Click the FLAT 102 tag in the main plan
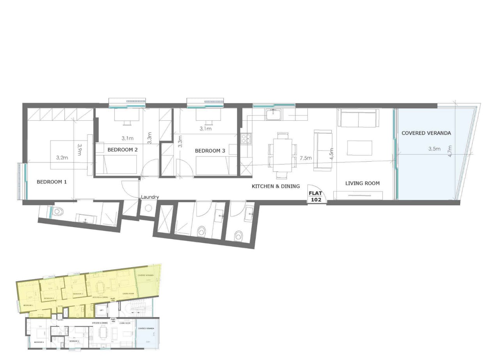pyautogui.click(x=315, y=196)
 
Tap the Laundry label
pyautogui.click(x=150, y=197)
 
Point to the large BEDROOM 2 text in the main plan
pyautogui.click(x=122, y=150)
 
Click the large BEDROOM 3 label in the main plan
pyautogui.click(x=210, y=151)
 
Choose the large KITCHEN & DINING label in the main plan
pyautogui.click(x=276, y=186)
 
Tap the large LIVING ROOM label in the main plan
pyautogui.click(x=362, y=183)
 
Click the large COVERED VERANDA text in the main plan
pyautogui.click(x=426, y=133)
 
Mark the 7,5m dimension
pyautogui.click(x=305, y=158)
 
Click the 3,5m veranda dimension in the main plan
pyautogui.click(x=434, y=149)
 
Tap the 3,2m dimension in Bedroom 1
pyautogui.click(x=62, y=158)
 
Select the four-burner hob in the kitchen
pyautogui.click(x=246, y=138)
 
